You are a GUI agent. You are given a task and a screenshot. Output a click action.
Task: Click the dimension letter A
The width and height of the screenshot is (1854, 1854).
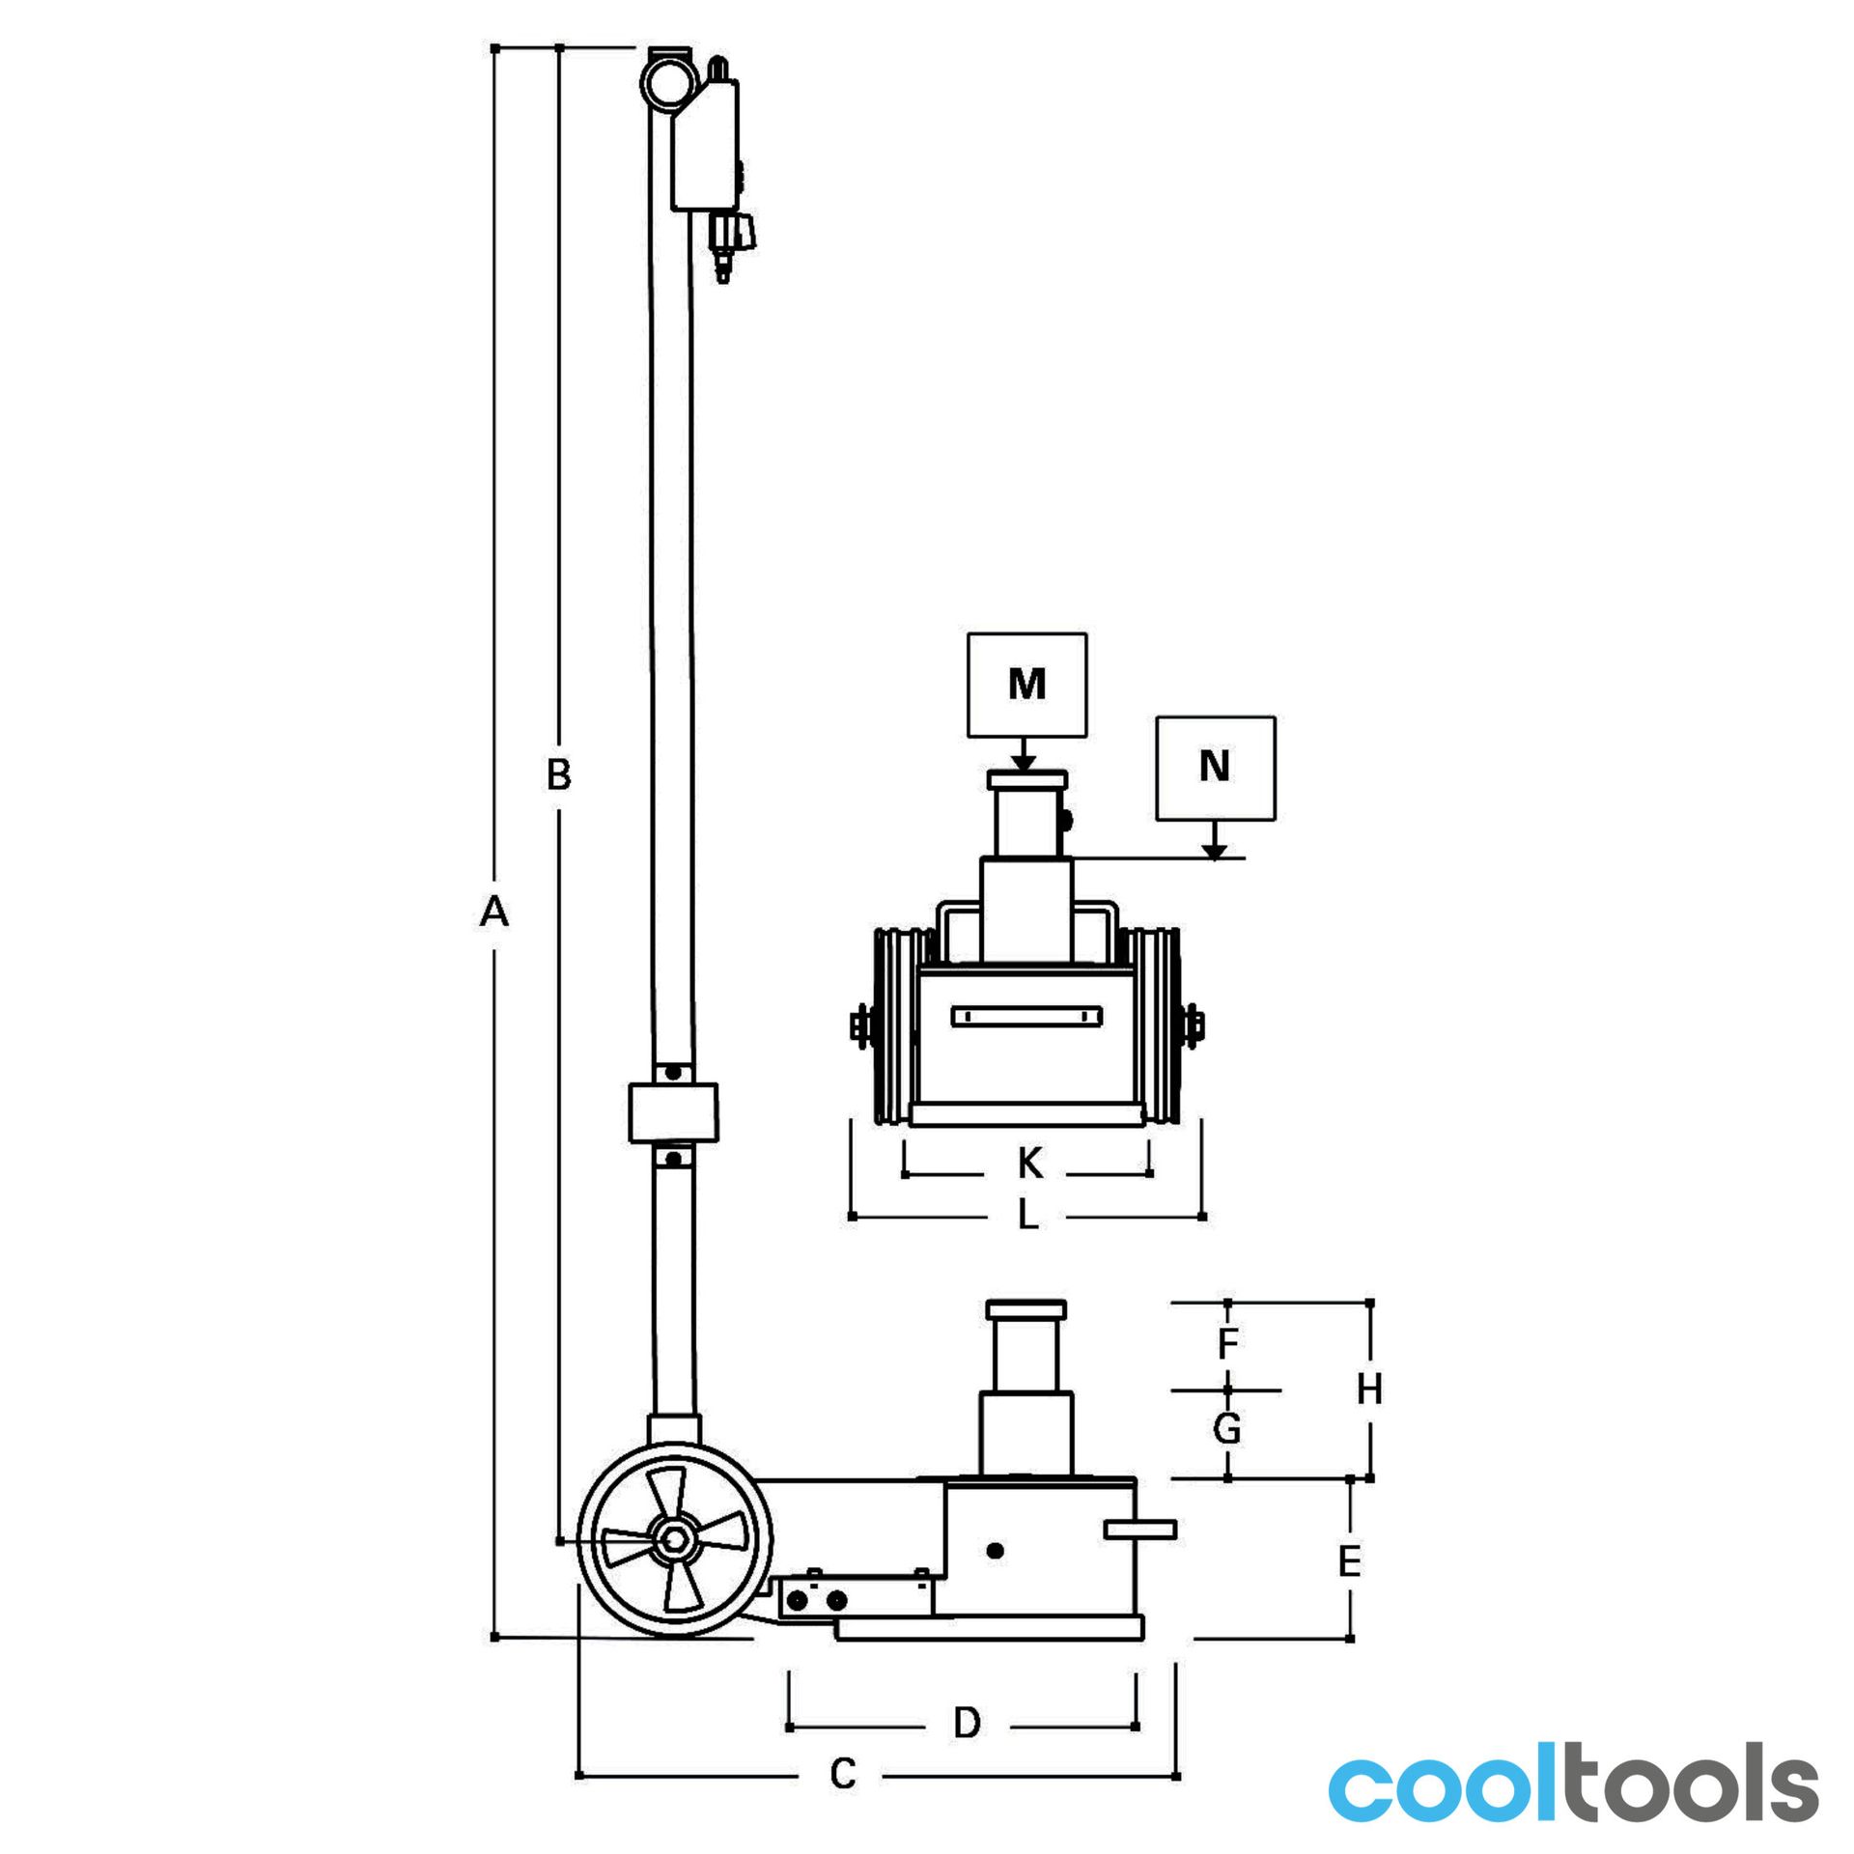pos(493,912)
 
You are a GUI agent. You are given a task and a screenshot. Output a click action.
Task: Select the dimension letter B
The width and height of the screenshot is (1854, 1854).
pos(559,774)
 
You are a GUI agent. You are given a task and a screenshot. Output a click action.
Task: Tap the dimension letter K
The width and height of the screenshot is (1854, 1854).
pos(1030,1165)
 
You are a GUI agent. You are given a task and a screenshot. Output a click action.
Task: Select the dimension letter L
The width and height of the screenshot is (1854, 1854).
pos(1028,1216)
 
